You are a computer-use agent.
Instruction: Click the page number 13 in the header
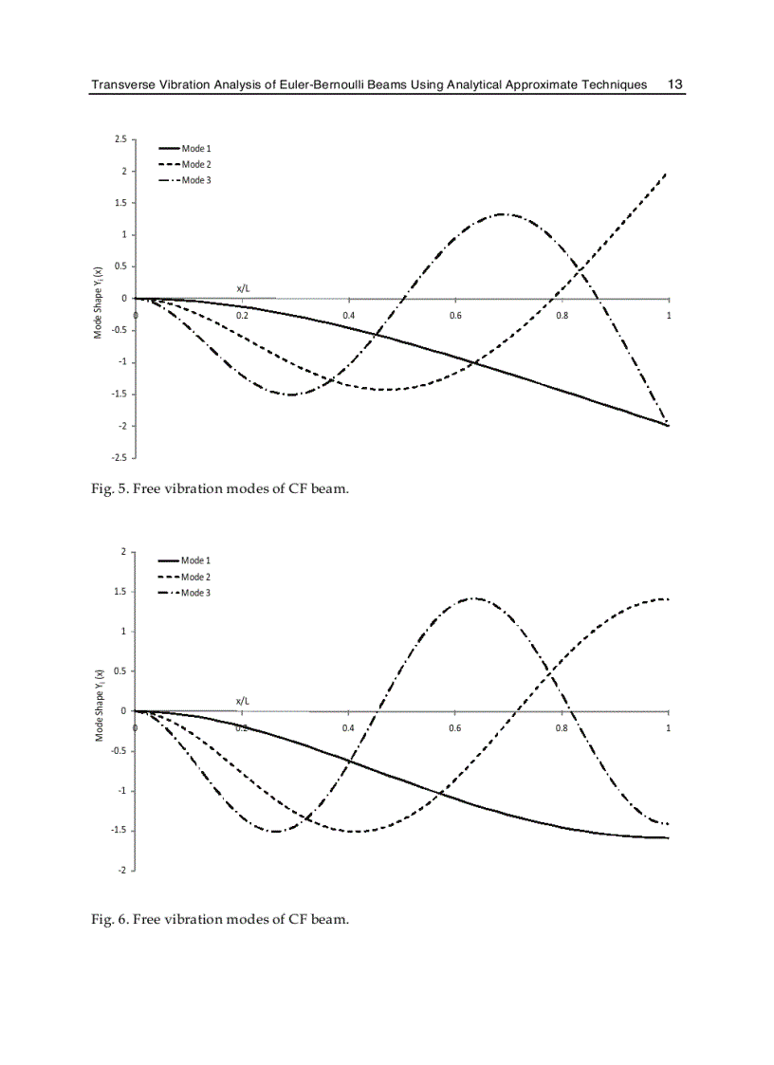[675, 84]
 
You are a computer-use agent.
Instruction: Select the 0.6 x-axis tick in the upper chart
[455, 316]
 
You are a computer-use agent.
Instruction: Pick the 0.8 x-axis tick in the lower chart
[562, 728]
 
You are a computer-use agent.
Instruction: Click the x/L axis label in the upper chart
[244, 287]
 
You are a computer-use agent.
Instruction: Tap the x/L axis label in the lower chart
[244, 701]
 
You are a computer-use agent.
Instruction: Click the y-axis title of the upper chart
[98, 300]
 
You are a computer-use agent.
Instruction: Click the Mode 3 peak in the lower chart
[473, 598]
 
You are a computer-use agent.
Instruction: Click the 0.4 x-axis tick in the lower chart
[349, 728]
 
